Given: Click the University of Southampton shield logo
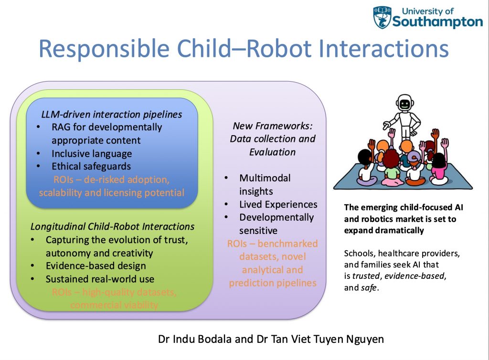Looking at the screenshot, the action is [382, 18].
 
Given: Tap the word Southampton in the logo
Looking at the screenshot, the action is [437, 22].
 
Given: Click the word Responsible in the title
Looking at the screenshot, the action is [104, 49].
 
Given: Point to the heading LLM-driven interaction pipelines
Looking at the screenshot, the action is [112, 115].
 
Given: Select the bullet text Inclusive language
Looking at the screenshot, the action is [92, 154].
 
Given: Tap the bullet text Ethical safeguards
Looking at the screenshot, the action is [91, 167].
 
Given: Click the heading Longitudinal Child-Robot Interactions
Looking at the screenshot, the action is [112, 227].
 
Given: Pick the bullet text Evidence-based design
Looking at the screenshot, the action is [96, 266].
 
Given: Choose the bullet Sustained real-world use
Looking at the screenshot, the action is [100, 279].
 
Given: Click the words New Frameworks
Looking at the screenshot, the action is [273, 126].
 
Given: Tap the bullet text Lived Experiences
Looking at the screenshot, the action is [278, 204].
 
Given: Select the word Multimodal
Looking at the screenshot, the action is [265, 178].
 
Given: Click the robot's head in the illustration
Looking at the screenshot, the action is [405, 103].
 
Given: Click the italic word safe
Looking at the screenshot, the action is [369, 287].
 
